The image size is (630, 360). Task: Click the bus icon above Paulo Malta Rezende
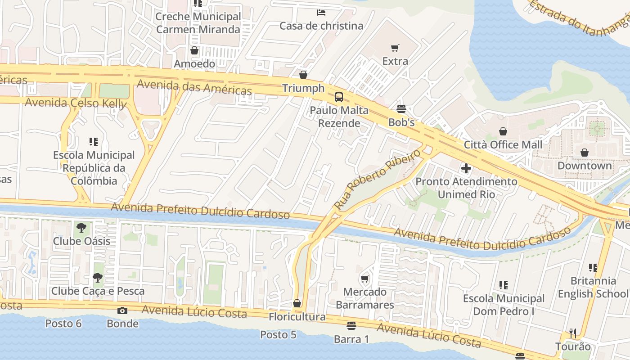[x=338, y=97]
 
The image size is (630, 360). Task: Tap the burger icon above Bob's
[x=401, y=109]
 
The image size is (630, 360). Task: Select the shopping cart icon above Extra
[x=395, y=48]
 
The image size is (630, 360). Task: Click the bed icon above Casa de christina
[x=321, y=12]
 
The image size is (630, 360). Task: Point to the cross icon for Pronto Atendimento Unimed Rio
[x=466, y=168]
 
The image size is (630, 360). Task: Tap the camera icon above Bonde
[x=122, y=310]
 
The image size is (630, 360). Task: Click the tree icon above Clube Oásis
[x=81, y=228]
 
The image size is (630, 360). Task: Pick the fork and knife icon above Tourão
[x=572, y=333]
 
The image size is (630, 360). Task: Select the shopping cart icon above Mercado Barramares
[x=365, y=279]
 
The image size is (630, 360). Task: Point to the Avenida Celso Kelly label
[x=76, y=103]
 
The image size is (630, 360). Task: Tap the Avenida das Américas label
[x=194, y=87]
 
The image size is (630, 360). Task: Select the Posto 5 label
[x=278, y=335]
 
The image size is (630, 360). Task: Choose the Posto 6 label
[x=63, y=324]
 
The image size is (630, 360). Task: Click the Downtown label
[x=585, y=166]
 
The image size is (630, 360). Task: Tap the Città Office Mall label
[x=503, y=145]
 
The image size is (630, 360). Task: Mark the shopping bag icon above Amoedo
[x=194, y=50]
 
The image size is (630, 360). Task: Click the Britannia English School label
[x=593, y=287]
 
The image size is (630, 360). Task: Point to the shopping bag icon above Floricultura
[x=297, y=303]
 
